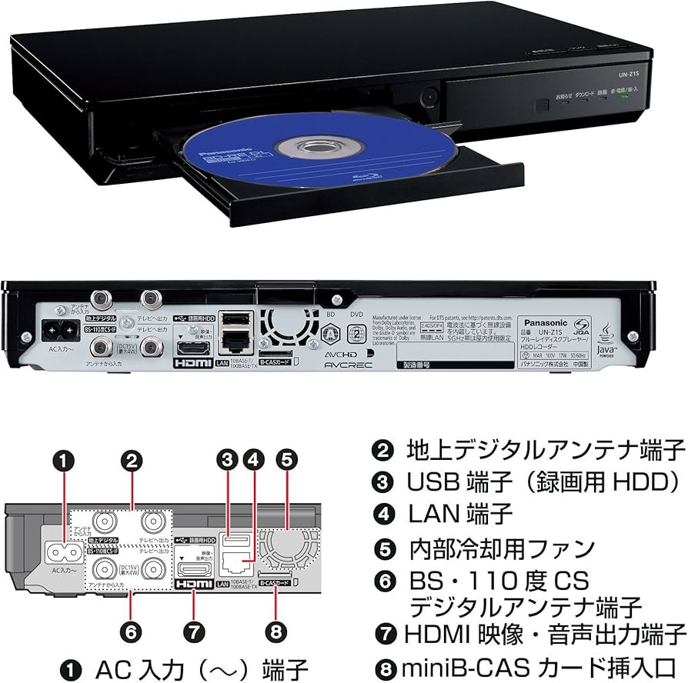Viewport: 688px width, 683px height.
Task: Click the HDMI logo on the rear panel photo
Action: coord(187,363)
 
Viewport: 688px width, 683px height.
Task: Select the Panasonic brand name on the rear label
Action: coord(545,323)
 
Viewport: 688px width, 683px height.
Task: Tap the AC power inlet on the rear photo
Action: coord(58,328)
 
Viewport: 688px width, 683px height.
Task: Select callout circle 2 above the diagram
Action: coord(132,460)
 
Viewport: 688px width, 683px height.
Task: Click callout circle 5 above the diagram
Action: coord(286,460)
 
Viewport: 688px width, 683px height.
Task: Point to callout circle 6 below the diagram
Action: coord(132,632)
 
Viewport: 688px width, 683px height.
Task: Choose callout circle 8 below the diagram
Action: coord(276,632)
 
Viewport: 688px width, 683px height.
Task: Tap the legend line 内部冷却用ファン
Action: coord(500,548)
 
